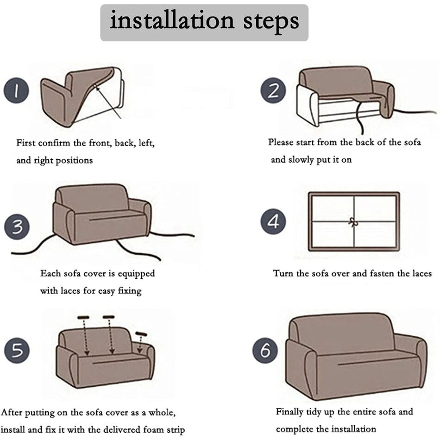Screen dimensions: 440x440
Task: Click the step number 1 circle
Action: (16, 90)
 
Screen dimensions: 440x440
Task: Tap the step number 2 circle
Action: (273, 90)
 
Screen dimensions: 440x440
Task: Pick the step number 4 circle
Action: (273, 221)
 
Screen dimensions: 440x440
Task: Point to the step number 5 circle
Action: (17, 351)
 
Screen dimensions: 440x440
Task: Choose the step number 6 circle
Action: (265, 351)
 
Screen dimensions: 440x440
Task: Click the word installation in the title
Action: (172, 20)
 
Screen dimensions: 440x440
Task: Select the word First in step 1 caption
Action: (26, 143)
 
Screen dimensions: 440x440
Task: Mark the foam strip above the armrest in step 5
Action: (141, 334)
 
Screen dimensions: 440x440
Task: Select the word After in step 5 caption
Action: (12, 412)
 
